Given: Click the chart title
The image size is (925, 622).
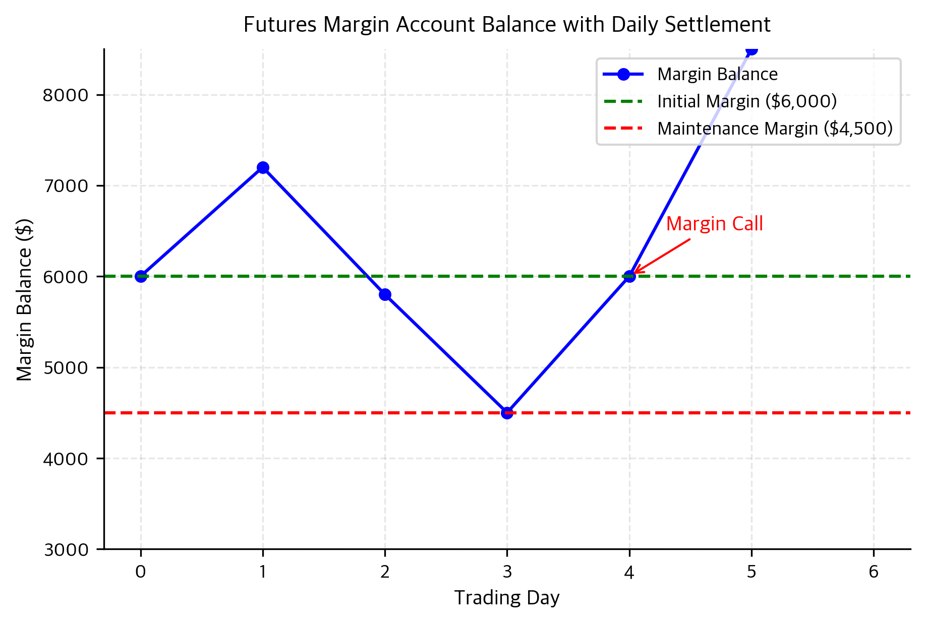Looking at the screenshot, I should (x=506, y=25).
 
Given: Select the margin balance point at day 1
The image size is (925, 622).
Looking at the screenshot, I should (x=263, y=167).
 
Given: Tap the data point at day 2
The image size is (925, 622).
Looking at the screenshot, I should (x=385, y=294).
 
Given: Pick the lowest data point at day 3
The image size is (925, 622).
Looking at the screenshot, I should (x=507, y=413).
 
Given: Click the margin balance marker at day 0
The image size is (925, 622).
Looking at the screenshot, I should (x=141, y=276).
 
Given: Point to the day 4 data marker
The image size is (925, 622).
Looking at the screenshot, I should (x=629, y=276).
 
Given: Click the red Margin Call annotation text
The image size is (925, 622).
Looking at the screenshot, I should (x=714, y=224).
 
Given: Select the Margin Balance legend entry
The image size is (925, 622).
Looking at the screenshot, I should (x=717, y=74).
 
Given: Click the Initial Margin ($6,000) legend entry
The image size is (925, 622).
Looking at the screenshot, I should (x=746, y=101).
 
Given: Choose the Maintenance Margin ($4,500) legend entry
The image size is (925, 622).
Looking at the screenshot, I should (x=775, y=129).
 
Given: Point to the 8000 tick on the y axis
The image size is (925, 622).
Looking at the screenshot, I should (x=66, y=95).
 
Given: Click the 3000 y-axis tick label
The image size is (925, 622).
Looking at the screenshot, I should (x=66, y=549).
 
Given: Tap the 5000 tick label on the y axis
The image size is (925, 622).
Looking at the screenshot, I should (x=66, y=368).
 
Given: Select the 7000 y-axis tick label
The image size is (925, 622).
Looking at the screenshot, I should (x=66, y=186).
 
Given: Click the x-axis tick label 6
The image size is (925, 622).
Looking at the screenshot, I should (x=873, y=572).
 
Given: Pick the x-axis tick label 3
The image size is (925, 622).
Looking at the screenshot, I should (x=507, y=572).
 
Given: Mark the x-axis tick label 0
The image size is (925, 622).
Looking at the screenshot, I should (x=141, y=572).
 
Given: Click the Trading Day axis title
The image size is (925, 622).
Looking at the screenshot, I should (x=506, y=598).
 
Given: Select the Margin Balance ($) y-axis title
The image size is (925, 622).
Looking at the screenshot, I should (x=24, y=299).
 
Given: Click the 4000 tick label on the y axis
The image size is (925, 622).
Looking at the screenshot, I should (x=66, y=459).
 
